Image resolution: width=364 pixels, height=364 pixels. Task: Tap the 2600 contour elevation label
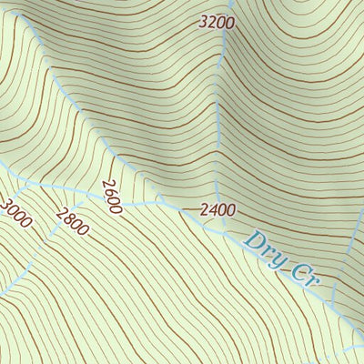[112, 197]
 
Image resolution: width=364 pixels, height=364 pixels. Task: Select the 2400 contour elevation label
[218, 210]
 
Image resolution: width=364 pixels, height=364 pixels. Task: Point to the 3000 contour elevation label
[17, 213]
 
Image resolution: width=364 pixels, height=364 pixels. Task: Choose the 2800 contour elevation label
[72, 222]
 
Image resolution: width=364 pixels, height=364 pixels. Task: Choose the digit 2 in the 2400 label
[205, 210]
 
